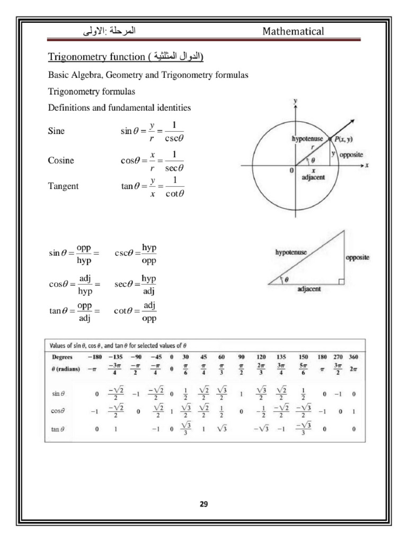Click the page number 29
pyautogui.click(x=203, y=504)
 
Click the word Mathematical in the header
pyautogui.click(x=293, y=31)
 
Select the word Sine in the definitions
pyautogui.click(x=56, y=131)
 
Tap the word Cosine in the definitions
pyautogui.click(x=61, y=160)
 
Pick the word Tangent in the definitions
pyautogui.click(x=63, y=186)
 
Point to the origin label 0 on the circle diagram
pyautogui.click(x=291, y=170)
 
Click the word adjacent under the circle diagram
pyautogui.click(x=313, y=178)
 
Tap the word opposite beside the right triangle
pyautogui.click(x=357, y=258)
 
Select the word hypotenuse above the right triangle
pyautogui.click(x=291, y=252)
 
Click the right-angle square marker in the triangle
pyautogui.click(x=341, y=282)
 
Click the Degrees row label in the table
pyautogui.click(x=62, y=357)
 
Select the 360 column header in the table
pyautogui.click(x=353, y=357)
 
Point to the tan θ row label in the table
pyautogui.click(x=58, y=429)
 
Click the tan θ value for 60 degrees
pyautogui.click(x=222, y=429)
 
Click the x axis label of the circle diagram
pyautogui.click(x=367, y=165)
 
